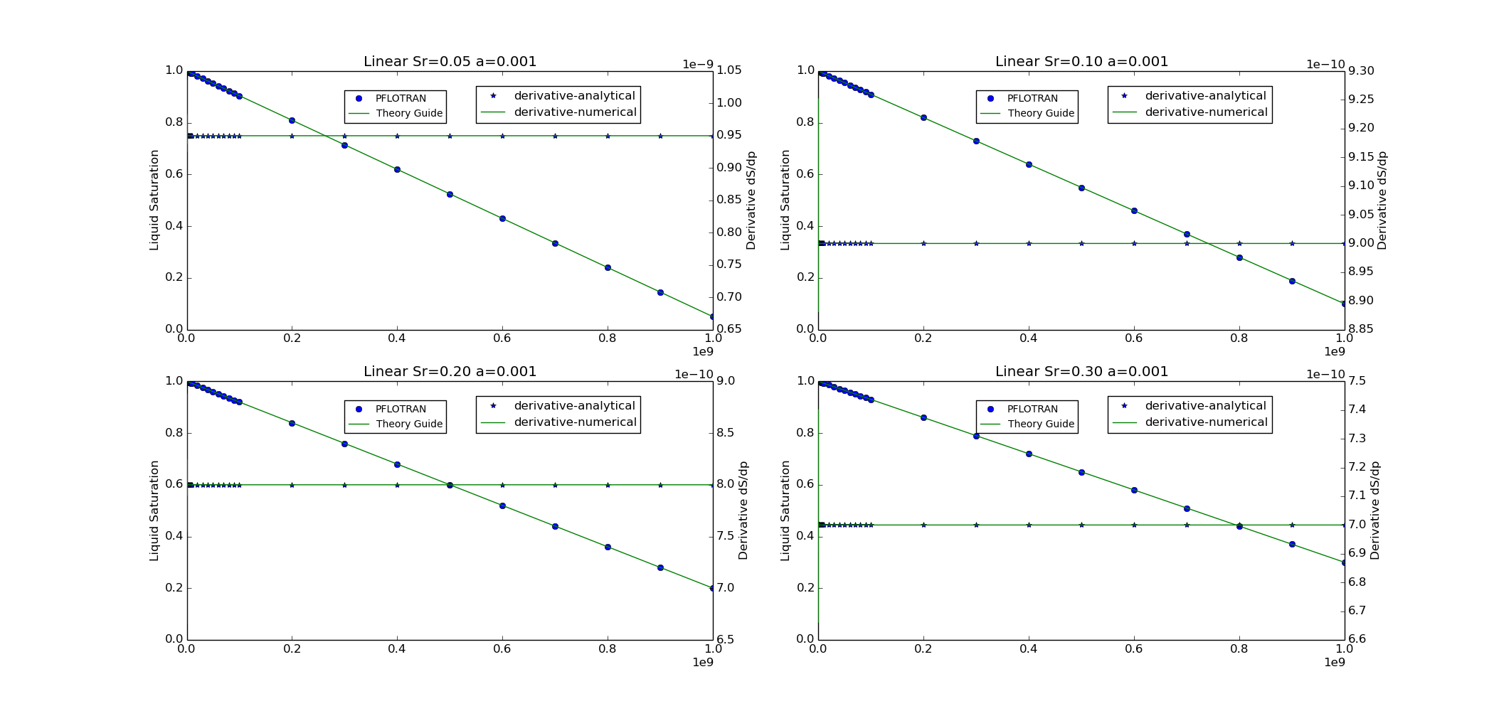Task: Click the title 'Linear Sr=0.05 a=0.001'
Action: [450, 62]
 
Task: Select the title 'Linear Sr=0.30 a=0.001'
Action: [1081, 372]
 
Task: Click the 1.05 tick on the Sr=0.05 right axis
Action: [729, 70]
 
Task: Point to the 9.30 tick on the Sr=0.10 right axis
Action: [1361, 71]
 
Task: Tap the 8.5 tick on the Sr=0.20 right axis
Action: [726, 433]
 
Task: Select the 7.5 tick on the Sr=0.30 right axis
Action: [1357, 381]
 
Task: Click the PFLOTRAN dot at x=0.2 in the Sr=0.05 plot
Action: [292, 120]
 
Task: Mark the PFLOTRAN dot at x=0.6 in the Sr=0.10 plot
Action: [1134, 210]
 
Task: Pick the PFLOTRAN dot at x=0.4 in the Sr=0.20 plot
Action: [397, 464]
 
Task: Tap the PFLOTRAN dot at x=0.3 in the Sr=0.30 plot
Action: [976, 436]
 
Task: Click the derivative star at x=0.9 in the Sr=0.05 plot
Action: [660, 136]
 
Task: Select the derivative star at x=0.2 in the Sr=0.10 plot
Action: [923, 243]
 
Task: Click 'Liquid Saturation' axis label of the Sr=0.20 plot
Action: [154, 510]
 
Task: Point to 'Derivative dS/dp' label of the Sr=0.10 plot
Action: [1382, 201]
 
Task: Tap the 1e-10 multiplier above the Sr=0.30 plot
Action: [1325, 375]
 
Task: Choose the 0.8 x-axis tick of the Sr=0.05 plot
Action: [608, 338]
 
